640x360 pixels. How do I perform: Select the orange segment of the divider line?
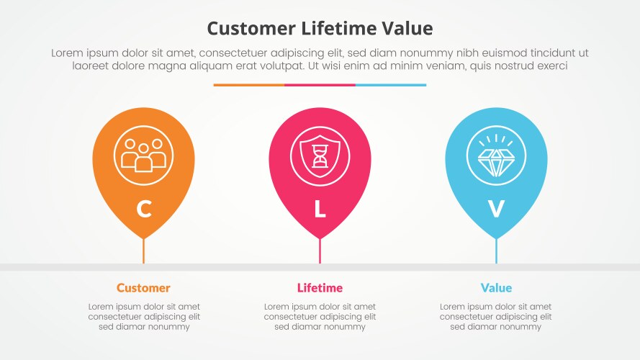tap(248, 85)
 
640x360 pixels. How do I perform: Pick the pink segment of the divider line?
tap(320, 85)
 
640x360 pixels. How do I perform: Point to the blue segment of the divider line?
tap(391, 85)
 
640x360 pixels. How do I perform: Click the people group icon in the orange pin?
tap(143, 155)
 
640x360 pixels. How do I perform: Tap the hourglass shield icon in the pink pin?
tap(320, 155)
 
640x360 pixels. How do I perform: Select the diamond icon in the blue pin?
tap(496, 155)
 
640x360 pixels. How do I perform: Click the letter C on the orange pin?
tap(144, 209)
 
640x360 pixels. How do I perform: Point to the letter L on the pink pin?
tap(320, 209)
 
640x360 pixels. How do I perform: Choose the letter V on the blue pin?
tap(496, 209)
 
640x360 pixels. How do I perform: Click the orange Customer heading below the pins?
tap(143, 288)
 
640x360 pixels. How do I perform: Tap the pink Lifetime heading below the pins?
tap(320, 288)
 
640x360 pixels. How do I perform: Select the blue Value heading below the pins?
tap(496, 288)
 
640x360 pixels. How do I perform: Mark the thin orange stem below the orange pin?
tap(143, 251)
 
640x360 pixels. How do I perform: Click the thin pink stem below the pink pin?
tap(320, 251)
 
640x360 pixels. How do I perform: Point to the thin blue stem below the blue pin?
tap(496, 251)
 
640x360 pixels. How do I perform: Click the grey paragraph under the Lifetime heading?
tap(320, 317)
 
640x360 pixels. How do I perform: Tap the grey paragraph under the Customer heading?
tap(144, 317)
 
